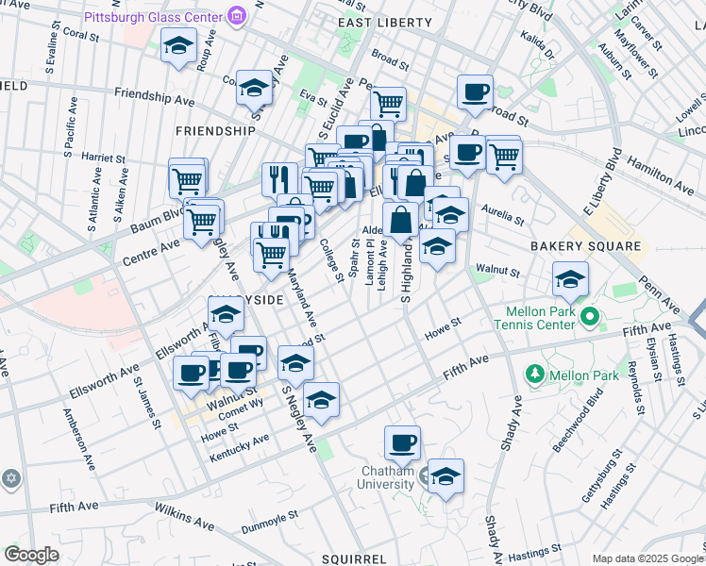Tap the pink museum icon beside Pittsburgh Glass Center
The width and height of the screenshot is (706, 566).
pos(236,16)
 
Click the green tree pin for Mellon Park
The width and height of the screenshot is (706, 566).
pos(535,375)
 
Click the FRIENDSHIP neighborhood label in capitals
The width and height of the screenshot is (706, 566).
pos(216,131)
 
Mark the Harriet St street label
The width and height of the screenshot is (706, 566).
pos(103,156)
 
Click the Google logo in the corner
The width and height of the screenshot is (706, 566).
pos(31,555)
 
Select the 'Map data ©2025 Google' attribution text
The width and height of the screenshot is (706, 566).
pos(647,558)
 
